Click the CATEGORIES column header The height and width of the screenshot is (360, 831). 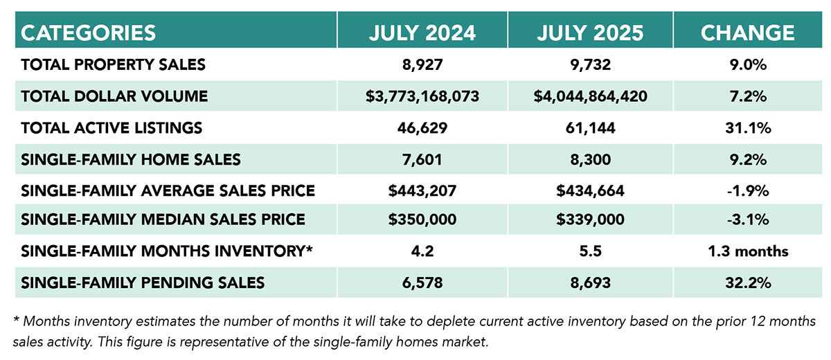pos(89,32)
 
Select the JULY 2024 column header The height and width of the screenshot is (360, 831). pos(422,32)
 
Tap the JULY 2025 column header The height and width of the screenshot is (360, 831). pos(590,32)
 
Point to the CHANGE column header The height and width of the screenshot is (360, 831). pos(747,32)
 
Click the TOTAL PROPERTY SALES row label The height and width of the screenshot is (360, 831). pos(114,65)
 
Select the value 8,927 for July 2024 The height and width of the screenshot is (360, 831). pos(422,65)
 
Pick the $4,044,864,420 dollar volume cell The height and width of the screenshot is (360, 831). pos(590,96)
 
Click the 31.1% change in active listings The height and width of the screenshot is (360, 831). pos(747,128)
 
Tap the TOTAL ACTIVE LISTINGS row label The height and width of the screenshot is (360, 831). pos(111,128)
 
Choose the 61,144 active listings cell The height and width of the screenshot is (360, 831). pos(590,128)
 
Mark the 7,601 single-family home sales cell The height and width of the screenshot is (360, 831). pos(422,160)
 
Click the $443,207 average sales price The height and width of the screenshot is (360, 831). pos(422,190)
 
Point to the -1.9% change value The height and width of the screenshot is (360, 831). pos(747,190)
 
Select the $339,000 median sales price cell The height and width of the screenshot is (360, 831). pos(590,220)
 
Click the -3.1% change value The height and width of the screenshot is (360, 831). pos(747,220)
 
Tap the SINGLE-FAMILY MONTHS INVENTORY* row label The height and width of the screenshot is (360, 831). pos(167,251)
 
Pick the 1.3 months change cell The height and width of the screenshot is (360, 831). pos(747,251)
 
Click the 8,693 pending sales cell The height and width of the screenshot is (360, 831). pos(590,282)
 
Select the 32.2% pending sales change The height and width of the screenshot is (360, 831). pos(747,282)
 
